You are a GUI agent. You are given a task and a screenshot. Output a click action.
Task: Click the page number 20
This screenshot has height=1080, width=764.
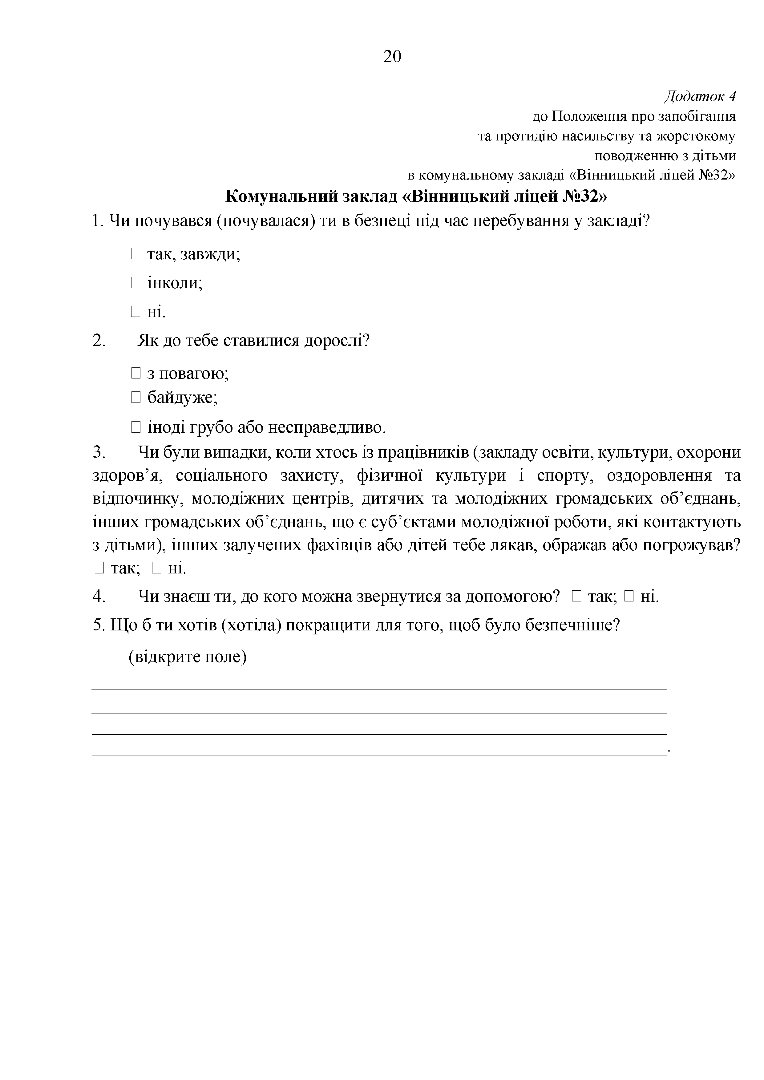point(392,56)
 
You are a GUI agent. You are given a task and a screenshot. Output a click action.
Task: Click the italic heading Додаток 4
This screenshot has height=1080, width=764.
point(700,96)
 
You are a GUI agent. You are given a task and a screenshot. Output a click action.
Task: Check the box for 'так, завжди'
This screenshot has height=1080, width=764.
point(135,254)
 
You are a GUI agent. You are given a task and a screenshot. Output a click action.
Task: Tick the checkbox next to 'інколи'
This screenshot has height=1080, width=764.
point(135,283)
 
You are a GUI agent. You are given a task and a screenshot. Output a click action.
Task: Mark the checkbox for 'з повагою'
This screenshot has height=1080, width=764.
point(135,374)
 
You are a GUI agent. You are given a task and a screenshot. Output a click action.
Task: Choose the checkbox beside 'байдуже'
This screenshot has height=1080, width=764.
point(135,398)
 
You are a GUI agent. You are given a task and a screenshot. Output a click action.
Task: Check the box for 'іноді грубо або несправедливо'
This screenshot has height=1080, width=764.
point(135,427)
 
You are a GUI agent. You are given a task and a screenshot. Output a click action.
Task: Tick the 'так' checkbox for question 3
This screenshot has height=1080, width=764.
point(99,568)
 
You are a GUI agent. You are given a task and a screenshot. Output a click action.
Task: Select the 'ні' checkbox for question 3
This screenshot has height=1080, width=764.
point(157,568)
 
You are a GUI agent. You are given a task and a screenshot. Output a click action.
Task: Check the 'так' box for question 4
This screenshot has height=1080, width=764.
point(577,597)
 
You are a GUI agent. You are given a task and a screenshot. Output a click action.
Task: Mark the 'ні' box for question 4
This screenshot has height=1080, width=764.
point(629,597)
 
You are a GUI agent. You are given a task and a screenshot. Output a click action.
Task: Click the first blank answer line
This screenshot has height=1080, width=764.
point(379,690)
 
